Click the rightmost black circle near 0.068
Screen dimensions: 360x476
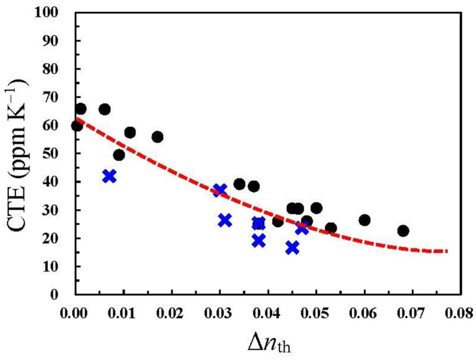tap(403, 231)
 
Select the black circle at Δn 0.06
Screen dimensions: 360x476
tap(364, 220)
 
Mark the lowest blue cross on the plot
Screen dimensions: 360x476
tap(292, 247)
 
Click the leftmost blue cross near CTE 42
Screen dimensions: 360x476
tap(109, 176)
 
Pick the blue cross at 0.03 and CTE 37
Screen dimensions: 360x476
tap(220, 190)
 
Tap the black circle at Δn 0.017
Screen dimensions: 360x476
tap(157, 137)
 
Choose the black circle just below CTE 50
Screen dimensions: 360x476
tap(119, 155)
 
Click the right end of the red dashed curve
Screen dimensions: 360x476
tap(446, 251)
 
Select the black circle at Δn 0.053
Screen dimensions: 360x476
tap(330, 228)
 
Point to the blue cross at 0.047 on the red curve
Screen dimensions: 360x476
tap(302, 228)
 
